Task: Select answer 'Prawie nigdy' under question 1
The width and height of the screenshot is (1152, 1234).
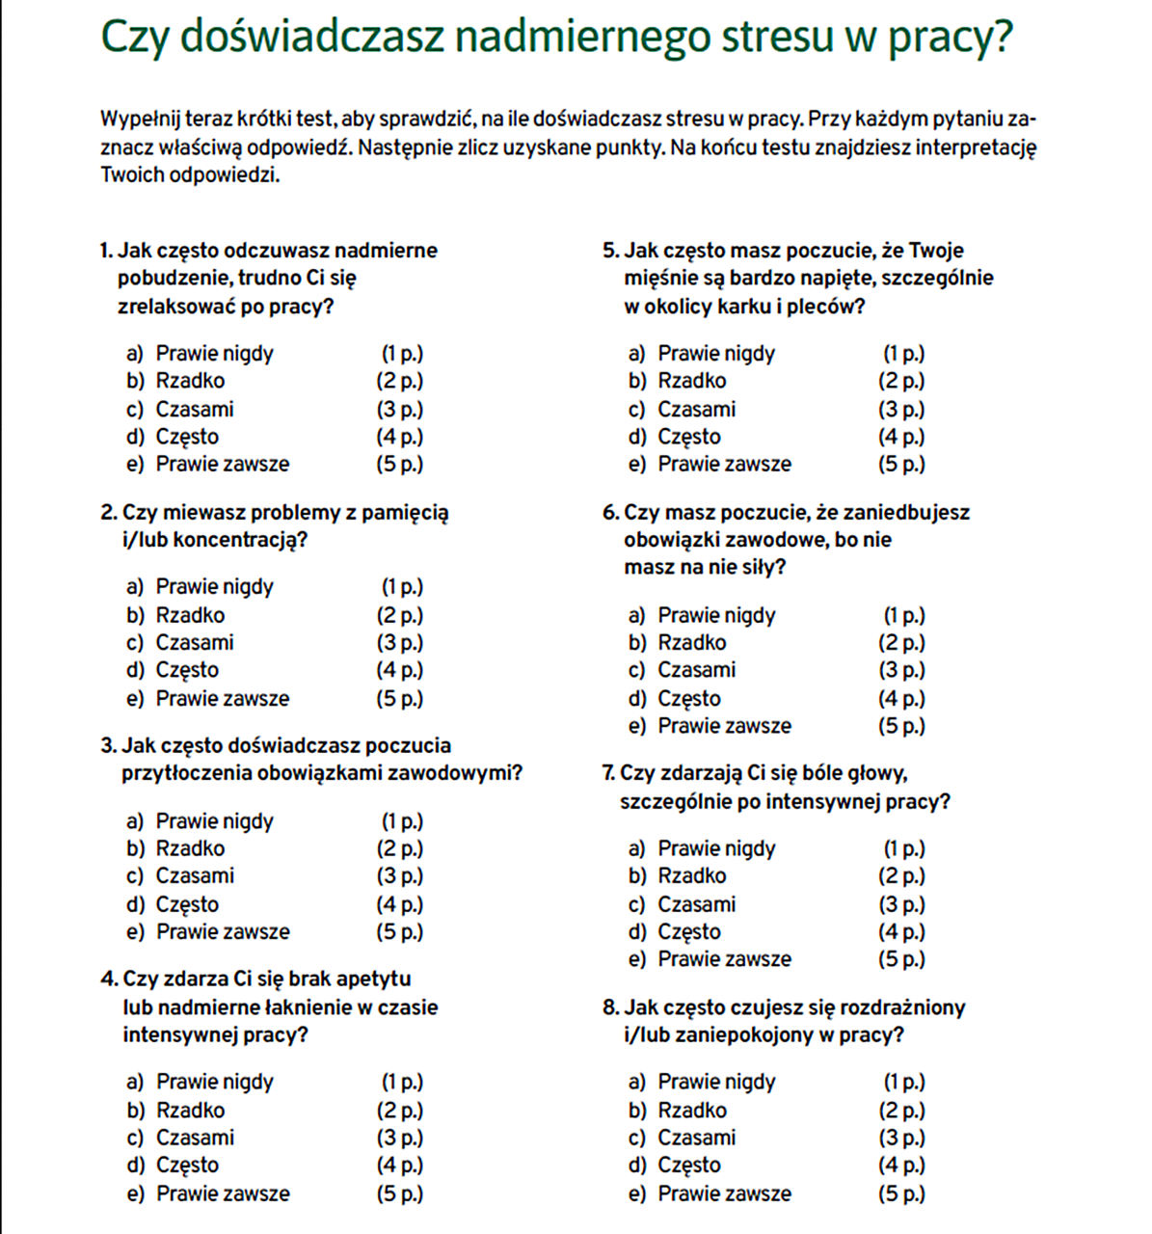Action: pos(214,354)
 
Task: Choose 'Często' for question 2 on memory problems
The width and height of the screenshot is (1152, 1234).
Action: pos(187,670)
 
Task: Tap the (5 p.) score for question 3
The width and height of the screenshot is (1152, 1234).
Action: pos(400,932)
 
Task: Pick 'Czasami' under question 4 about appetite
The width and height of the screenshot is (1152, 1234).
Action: pos(195,1138)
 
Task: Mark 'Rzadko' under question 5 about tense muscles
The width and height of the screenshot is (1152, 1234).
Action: pos(691,381)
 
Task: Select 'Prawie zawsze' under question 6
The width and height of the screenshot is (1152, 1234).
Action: pos(724,726)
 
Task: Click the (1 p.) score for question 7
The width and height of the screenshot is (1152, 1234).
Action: pos(904,849)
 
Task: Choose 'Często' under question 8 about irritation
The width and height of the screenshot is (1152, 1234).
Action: pos(688,1166)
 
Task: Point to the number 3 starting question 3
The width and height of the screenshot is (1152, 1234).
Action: pos(106,746)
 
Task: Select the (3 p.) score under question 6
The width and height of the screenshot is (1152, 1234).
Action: pos(901,670)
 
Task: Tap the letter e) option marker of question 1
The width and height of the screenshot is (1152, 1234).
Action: pos(134,465)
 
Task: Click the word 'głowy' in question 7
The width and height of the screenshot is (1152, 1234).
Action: pos(874,774)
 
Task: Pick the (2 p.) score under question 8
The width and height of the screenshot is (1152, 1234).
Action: pos(901,1111)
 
